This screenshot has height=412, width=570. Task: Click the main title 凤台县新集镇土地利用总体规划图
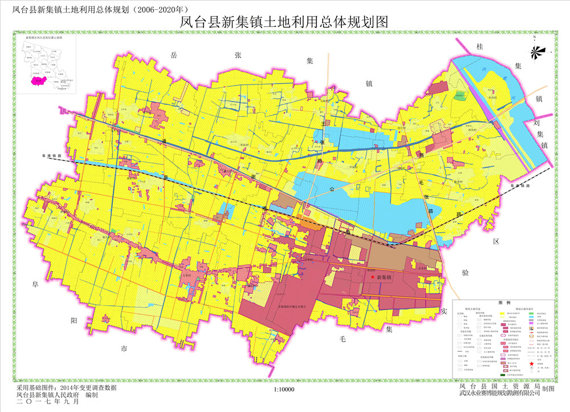284,22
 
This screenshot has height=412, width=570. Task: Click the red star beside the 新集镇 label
373,277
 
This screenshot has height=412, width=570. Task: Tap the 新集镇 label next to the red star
385,277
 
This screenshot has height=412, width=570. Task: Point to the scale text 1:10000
283,389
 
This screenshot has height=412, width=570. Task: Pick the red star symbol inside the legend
531,363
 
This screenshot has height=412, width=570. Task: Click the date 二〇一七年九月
49,402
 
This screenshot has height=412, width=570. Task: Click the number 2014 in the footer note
76,387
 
